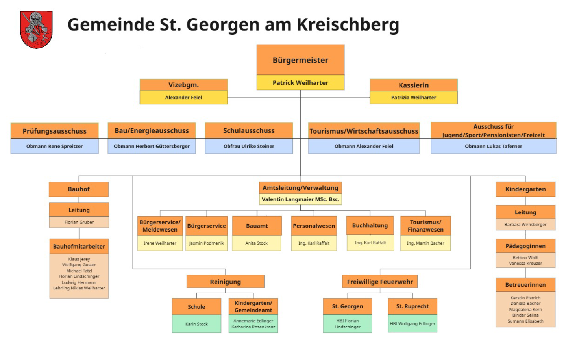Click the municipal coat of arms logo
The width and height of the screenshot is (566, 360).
click(x=36, y=30)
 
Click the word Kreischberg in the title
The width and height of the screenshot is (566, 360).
click(x=348, y=24)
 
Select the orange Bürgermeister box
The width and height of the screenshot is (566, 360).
click(x=300, y=60)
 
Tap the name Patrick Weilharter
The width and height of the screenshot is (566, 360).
click(x=300, y=83)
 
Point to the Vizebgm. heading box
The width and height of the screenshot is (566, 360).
click(x=183, y=85)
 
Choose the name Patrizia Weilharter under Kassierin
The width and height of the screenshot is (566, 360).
click(x=413, y=98)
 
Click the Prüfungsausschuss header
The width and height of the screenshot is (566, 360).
click(x=54, y=131)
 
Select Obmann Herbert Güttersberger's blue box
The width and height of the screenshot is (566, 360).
click(x=152, y=146)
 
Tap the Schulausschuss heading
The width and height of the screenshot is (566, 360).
click(x=249, y=131)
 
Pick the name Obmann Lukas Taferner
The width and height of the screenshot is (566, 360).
click(x=493, y=146)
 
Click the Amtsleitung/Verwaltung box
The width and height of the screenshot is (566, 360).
click(x=300, y=188)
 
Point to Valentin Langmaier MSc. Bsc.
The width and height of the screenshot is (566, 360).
click(x=300, y=199)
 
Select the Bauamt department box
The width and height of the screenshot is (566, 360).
click(x=257, y=226)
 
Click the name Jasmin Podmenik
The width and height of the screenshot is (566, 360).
click(x=206, y=243)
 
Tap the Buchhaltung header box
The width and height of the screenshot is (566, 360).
click(x=370, y=225)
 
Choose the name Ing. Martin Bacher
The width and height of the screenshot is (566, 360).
click(x=425, y=243)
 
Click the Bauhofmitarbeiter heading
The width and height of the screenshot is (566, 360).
click(x=79, y=246)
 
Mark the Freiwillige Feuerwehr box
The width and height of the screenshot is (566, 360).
click(x=379, y=282)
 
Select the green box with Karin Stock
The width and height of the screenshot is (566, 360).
click(x=196, y=324)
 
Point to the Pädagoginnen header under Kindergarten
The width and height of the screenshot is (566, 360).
click(x=525, y=246)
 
